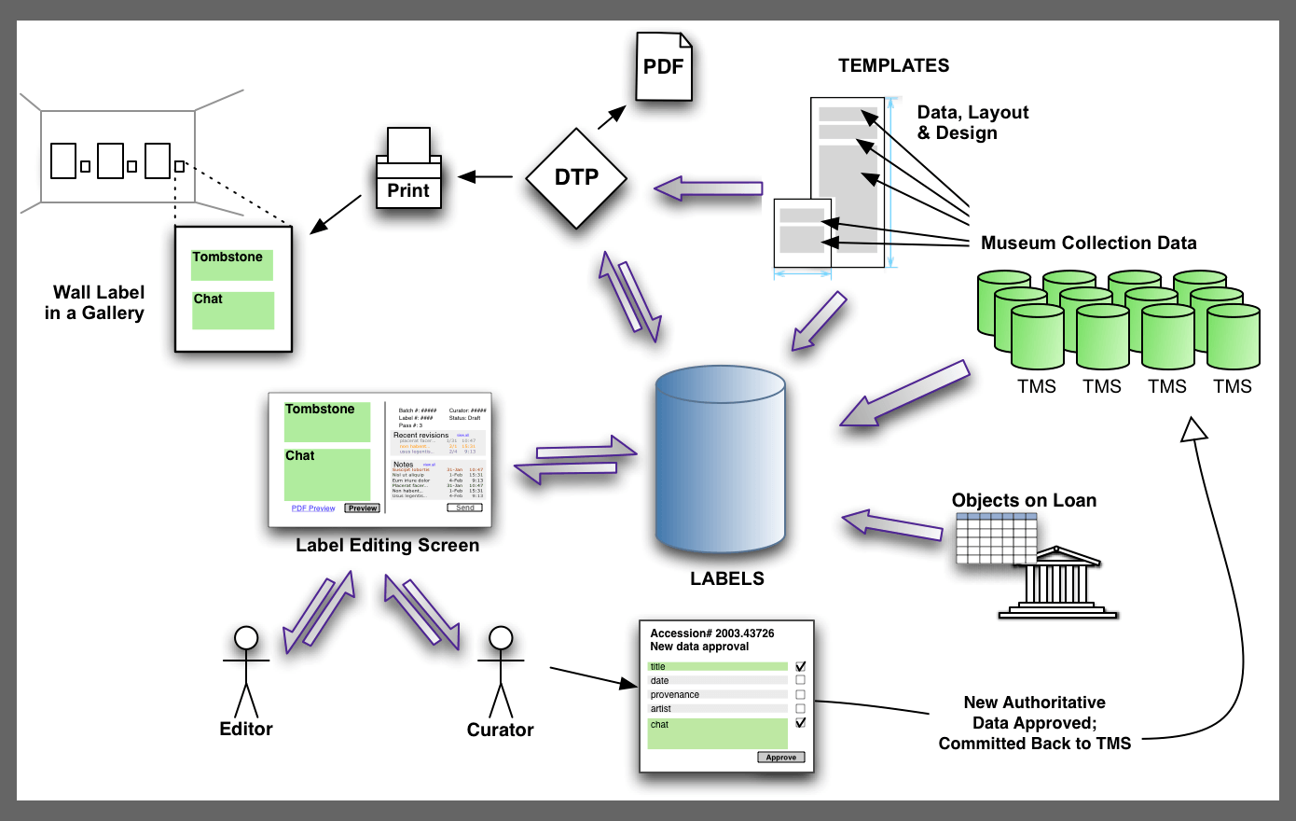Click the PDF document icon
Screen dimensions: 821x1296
click(x=664, y=67)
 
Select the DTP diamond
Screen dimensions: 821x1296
click(x=576, y=177)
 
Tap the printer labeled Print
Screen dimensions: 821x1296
click(x=408, y=172)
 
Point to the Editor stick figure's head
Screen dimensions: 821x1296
click(x=246, y=637)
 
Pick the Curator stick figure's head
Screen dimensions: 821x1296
click(x=502, y=637)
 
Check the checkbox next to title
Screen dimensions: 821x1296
click(x=800, y=666)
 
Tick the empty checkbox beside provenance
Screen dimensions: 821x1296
click(x=800, y=694)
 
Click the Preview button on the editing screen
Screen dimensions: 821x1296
click(x=362, y=508)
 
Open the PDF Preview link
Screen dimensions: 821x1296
click(x=313, y=508)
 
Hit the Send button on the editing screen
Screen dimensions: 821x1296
click(x=465, y=508)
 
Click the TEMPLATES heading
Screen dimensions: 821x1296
click(x=893, y=65)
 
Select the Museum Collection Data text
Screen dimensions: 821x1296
click(x=1088, y=244)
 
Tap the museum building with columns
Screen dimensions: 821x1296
click(x=1057, y=584)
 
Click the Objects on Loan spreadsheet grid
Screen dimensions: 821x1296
click(x=996, y=538)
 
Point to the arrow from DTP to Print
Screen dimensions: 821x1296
click(x=485, y=176)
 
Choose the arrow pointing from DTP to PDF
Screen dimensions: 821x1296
click(x=612, y=117)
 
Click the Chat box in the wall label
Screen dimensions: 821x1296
click(x=233, y=310)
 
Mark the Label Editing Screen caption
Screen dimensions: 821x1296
click(x=387, y=546)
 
